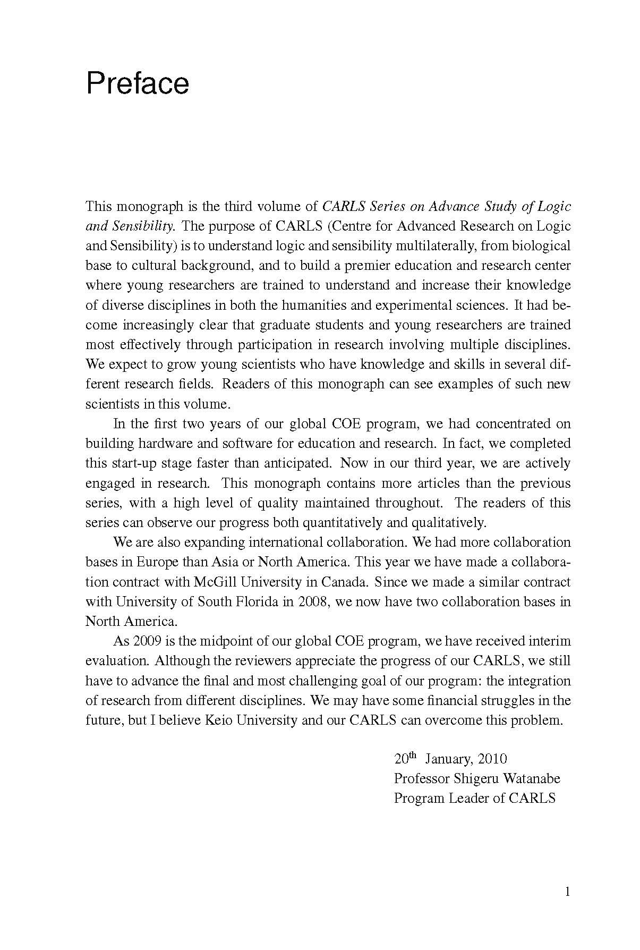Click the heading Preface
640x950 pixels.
[137, 84]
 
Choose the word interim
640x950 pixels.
[552, 641]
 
